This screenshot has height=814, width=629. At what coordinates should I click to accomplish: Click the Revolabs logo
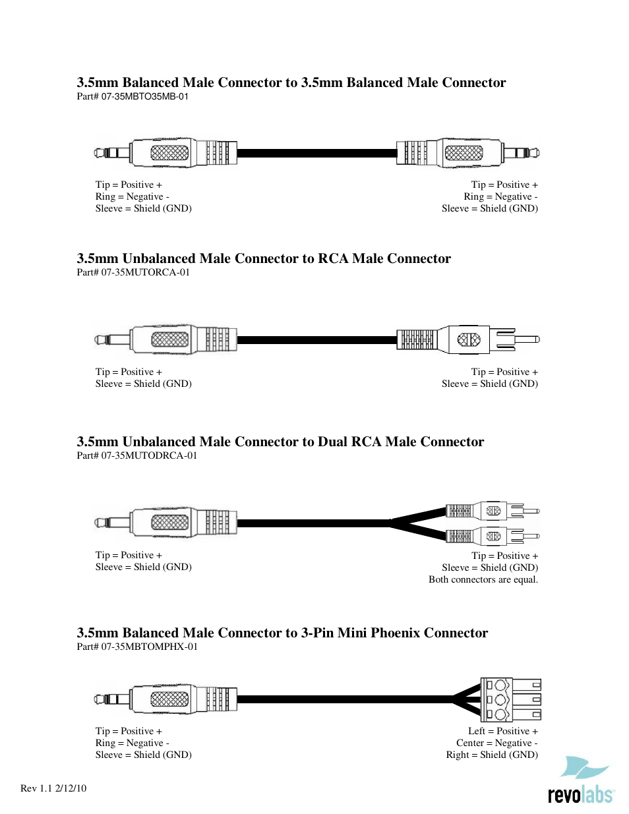pyautogui.click(x=580, y=782)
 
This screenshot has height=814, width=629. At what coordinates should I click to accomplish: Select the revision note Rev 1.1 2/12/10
pyautogui.click(x=53, y=788)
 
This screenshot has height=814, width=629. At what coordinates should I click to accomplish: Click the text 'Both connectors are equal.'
pyautogui.click(x=483, y=579)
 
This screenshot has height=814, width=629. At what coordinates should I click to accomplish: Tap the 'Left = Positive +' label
pyautogui.click(x=503, y=731)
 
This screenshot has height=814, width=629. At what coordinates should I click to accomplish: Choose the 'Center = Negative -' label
pyautogui.click(x=497, y=743)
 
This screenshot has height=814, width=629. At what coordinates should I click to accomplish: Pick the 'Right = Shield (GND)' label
pyautogui.click(x=492, y=755)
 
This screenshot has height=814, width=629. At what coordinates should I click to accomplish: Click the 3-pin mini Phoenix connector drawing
pyautogui.click(x=510, y=699)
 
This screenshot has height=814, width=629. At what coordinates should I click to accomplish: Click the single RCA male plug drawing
pyautogui.click(x=468, y=339)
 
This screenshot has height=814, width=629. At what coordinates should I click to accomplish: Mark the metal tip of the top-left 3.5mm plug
pyautogui.click(x=100, y=154)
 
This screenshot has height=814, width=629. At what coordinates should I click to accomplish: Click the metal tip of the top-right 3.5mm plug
pyautogui.click(x=535, y=154)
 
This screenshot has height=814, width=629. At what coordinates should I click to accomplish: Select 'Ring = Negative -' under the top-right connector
pyautogui.click(x=500, y=196)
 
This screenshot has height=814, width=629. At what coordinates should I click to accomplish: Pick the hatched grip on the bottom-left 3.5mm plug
pyautogui.click(x=169, y=699)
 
